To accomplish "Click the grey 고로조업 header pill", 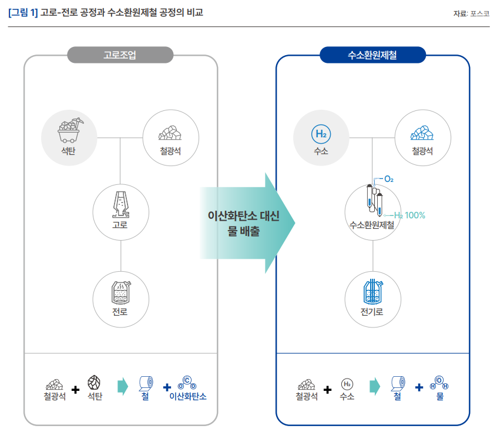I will tap(120, 56).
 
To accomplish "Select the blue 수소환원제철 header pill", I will tap(372, 56).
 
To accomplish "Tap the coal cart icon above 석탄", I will tap(69, 130).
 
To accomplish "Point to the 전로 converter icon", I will tap(120, 292).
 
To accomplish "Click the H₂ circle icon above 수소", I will tap(321, 134).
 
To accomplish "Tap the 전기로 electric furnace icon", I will tap(372, 290).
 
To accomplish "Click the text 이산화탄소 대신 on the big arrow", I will tap(243, 216).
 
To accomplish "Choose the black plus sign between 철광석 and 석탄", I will tap(75, 389).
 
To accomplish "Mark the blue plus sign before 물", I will tap(419, 387).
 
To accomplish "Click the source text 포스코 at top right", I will tap(480, 13).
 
